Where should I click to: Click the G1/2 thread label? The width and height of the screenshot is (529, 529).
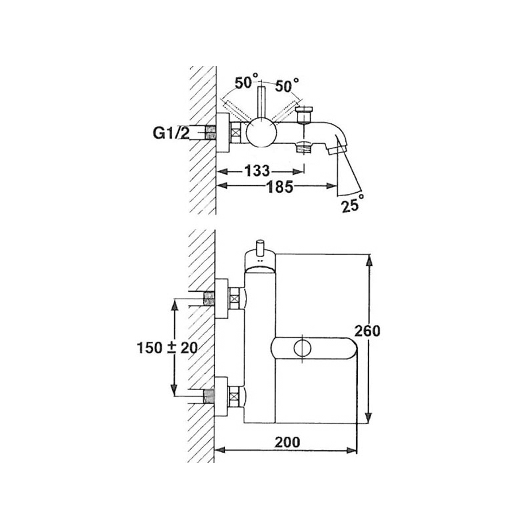(171, 134)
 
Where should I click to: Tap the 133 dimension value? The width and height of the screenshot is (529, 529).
(257, 171)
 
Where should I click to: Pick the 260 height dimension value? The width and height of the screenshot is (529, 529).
(367, 331)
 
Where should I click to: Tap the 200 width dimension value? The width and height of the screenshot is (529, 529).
(287, 442)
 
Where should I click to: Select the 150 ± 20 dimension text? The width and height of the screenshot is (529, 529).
(167, 348)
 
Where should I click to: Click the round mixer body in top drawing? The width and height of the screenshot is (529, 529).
(261, 132)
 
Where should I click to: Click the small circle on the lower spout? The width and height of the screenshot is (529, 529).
(302, 348)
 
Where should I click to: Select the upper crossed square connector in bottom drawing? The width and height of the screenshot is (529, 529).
(234, 298)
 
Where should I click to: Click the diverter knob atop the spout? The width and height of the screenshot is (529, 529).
(304, 114)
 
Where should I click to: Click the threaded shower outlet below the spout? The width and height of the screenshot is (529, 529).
(304, 148)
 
